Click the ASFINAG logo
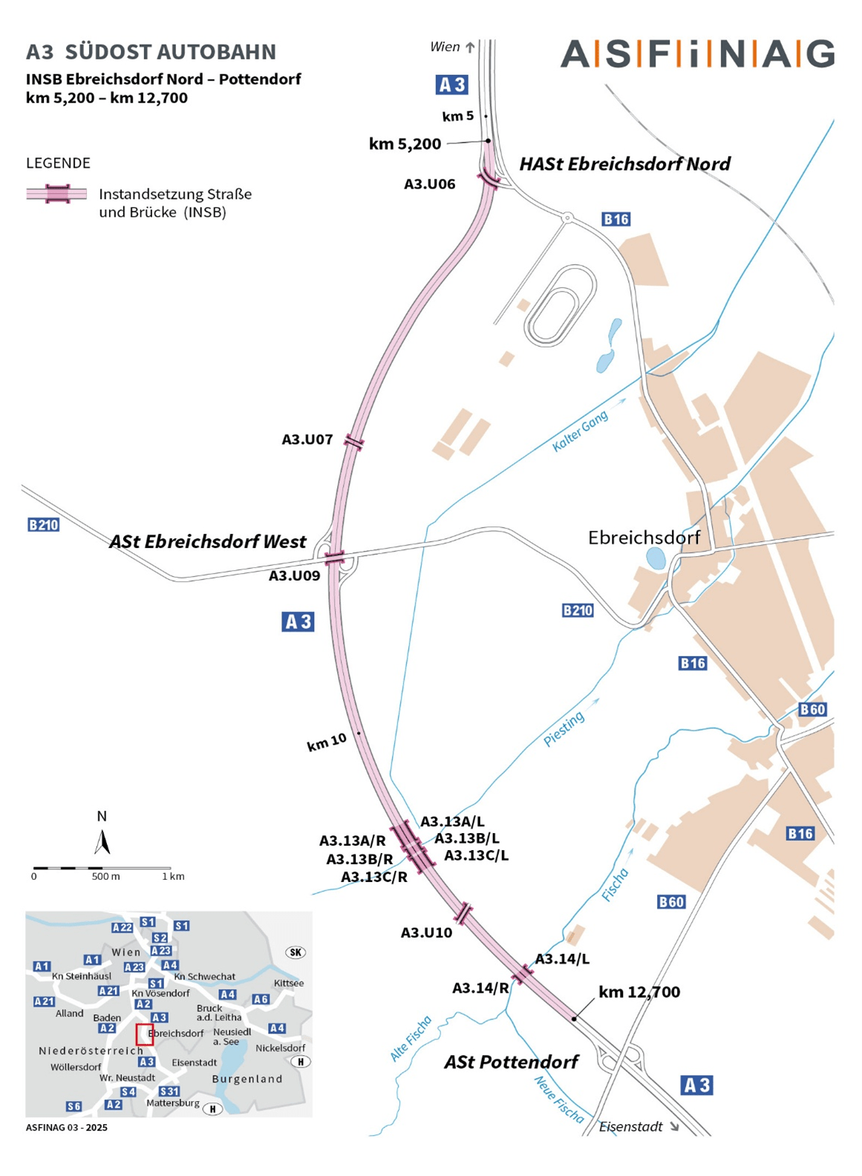click(696, 54)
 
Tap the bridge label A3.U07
click(307, 440)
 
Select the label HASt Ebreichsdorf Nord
click(624, 164)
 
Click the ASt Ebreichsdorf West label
click(207, 542)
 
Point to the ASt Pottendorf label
click(511, 1062)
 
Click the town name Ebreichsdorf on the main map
click(644, 538)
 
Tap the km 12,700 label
click(639, 992)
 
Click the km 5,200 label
click(405, 144)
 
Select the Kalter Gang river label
click(580, 431)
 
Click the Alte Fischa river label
click(411, 1038)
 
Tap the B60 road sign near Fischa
click(671, 902)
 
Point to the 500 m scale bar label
click(105, 877)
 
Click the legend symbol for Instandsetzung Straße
click(56, 195)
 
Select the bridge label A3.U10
click(426, 932)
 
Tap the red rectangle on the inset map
click(145, 1034)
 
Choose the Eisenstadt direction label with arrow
click(639, 1127)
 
